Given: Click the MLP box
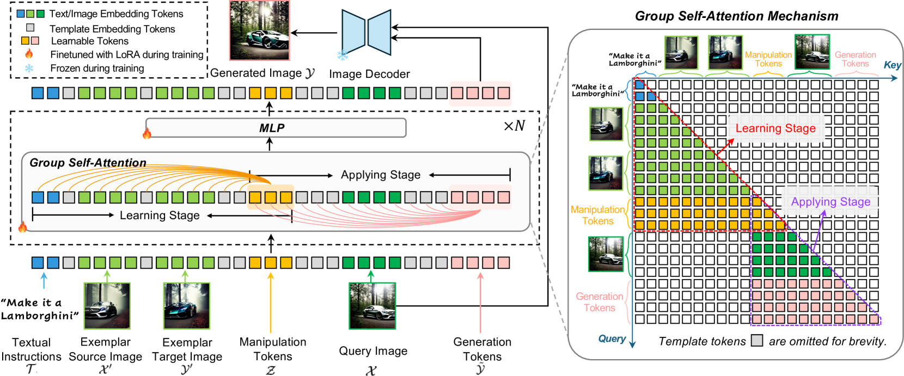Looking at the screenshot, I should click(276, 128).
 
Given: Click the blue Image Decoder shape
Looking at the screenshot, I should click(367, 32).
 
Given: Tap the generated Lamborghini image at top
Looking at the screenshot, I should click(260, 30).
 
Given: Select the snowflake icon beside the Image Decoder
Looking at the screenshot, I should click(343, 55).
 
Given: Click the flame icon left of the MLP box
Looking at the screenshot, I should click(146, 133).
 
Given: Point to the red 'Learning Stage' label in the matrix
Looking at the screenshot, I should click(775, 128).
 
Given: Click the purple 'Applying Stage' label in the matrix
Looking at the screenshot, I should click(830, 202).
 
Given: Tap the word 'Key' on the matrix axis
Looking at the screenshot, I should click(892, 65).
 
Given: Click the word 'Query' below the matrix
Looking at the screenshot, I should click(612, 338).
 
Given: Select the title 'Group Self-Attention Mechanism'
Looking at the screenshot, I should click(736, 16).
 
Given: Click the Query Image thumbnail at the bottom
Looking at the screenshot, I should click(372, 306).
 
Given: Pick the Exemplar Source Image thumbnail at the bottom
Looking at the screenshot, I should click(107, 306).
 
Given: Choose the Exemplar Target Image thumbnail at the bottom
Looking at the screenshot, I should click(187, 306).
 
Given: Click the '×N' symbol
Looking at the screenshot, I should click(514, 126).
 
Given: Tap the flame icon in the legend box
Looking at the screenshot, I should click(29, 54).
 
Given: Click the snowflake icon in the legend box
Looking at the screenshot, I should click(29, 68).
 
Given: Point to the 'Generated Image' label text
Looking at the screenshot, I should click(256, 73).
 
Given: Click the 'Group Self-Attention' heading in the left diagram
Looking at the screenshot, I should click(88, 163).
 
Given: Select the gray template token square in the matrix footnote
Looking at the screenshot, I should click(757, 341).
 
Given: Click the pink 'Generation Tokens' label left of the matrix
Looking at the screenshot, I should click(599, 302).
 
